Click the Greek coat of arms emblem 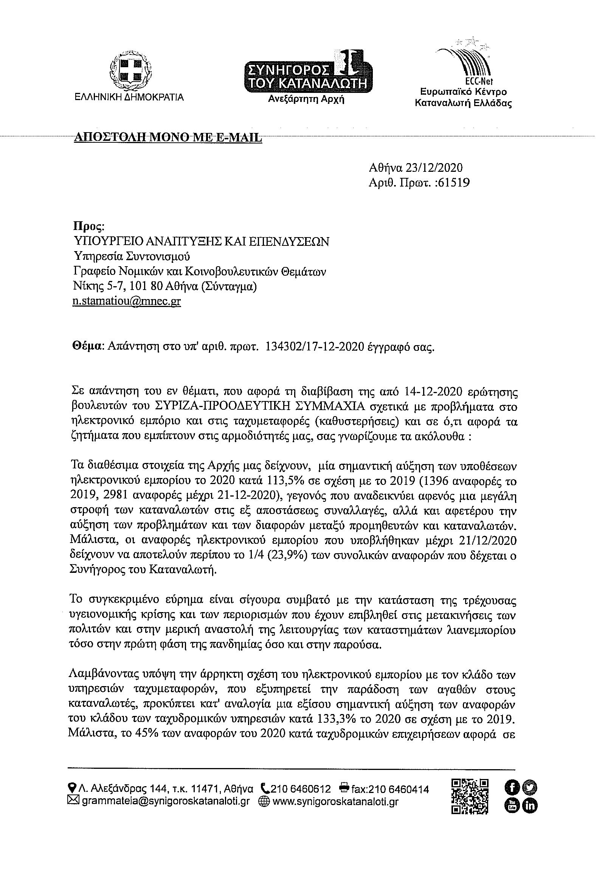129,72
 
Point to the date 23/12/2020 434,168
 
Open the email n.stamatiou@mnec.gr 127,302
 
